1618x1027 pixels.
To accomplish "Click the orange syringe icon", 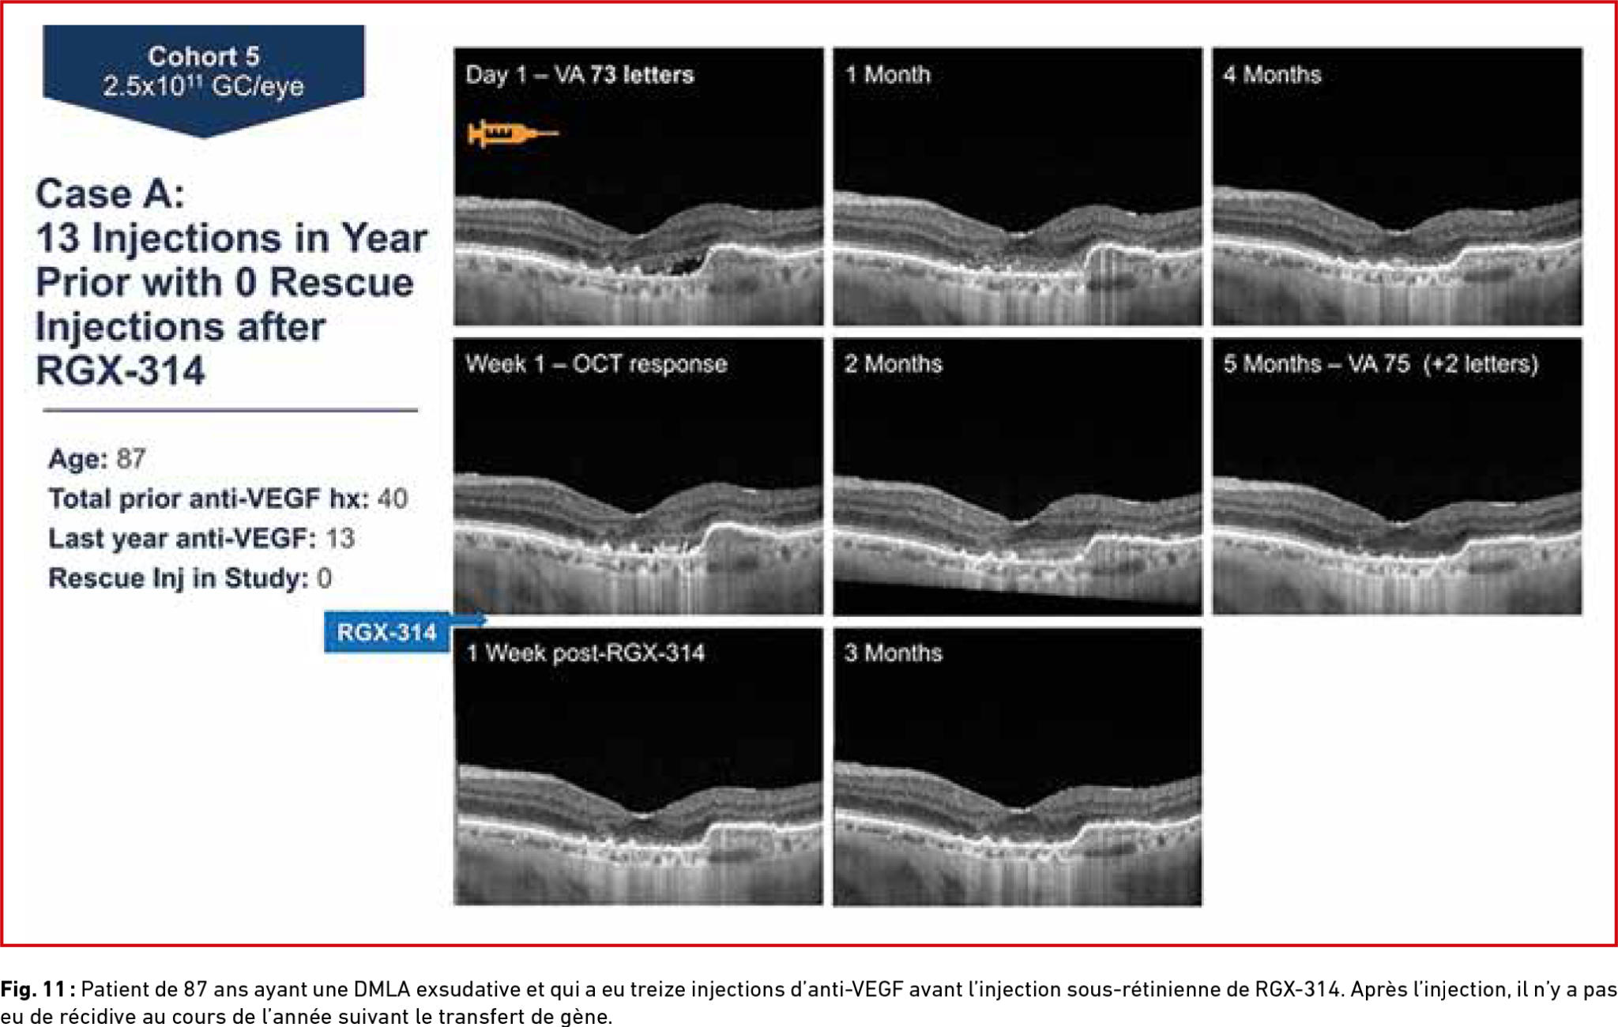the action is point(513,133).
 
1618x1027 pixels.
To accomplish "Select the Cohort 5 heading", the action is point(204,56).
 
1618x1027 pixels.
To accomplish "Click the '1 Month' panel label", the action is point(888,74).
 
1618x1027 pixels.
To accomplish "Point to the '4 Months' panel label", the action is point(1272,74).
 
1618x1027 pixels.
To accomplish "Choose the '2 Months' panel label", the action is point(893,364).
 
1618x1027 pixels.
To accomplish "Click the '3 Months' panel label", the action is point(893,653).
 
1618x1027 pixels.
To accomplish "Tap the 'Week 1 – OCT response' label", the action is point(596,364).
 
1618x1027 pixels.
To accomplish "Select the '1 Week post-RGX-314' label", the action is point(585,653).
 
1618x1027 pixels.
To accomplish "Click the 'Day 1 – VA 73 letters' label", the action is point(580,74).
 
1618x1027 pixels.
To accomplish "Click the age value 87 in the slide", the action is point(131,459).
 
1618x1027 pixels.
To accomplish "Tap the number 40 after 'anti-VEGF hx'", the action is point(393,498).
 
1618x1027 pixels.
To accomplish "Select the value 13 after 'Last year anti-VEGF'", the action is point(341,538).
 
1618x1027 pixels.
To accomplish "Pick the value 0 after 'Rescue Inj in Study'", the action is point(324,577).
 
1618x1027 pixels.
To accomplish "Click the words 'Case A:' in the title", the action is point(110,194).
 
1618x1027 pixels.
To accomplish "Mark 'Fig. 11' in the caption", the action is point(32,989).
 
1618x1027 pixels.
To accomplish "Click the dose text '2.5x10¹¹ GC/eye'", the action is point(203,85).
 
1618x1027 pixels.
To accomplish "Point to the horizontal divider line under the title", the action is point(230,410).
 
